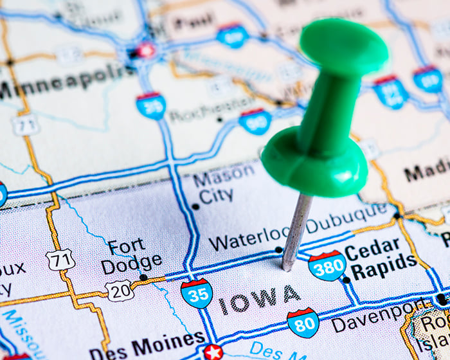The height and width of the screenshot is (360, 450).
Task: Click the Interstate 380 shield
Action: pos(327,265)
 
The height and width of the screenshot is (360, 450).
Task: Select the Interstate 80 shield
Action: pos(303,322)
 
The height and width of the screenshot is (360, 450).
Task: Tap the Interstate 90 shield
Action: pos(255,121)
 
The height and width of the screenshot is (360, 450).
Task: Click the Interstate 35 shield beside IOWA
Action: pos(197,293)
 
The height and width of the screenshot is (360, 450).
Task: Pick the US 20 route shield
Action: pos(120,290)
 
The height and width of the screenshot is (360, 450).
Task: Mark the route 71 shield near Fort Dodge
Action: pos(60,260)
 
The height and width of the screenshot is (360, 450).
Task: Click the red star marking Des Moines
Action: pos(213,352)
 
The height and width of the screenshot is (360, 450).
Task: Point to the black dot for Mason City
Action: pos(195,206)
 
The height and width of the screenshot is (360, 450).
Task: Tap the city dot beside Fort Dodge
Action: pos(143,277)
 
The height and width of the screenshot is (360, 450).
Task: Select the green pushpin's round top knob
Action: pos(344,44)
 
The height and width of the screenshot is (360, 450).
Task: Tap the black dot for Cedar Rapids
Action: pos(346,280)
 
